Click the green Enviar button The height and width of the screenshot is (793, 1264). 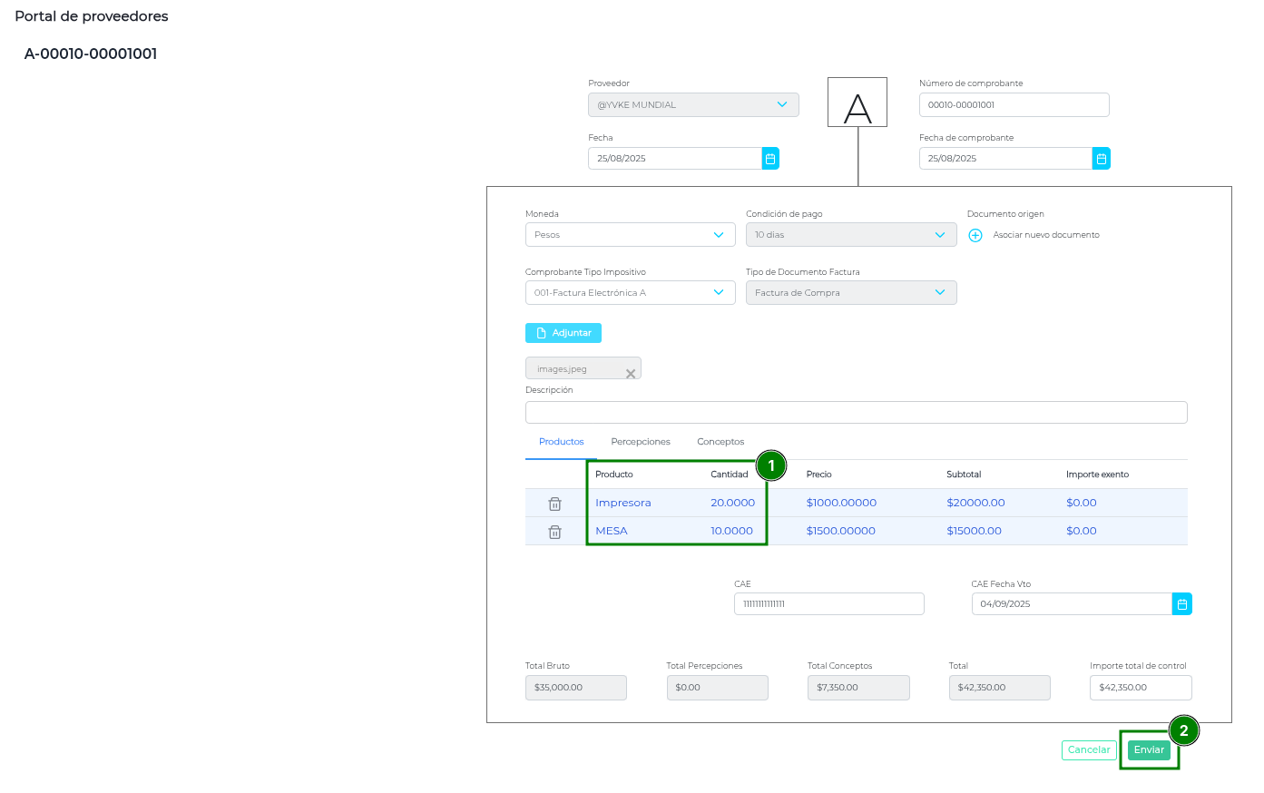point(1149,749)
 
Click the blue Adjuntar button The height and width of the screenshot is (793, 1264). point(563,333)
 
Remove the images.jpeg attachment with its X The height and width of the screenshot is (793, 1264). point(631,374)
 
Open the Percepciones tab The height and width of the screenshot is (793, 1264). point(641,441)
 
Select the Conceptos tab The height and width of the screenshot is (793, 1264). point(720,441)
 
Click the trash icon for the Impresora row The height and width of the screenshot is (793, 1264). point(554,504)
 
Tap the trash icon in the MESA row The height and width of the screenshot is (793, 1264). point(554,532)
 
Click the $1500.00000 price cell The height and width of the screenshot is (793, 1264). point(841,531)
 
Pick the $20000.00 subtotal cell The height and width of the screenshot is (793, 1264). point(975,503)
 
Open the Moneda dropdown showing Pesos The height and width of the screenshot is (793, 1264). point(631,235)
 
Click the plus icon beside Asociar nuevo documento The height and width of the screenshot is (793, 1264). point(975,235)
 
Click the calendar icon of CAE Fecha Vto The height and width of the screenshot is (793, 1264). point(1182,604)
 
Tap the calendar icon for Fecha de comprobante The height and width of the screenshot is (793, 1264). point(1102,159)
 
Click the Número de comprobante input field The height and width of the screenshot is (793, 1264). point(1014,105)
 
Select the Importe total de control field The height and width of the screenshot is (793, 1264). point(1141,688)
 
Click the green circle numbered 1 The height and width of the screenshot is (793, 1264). point(770,465)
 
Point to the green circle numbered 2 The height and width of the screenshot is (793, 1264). point(1184,730)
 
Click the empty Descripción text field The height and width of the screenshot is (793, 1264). point(856,413)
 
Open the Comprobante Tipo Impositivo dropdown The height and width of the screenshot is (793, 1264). point(631,293)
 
